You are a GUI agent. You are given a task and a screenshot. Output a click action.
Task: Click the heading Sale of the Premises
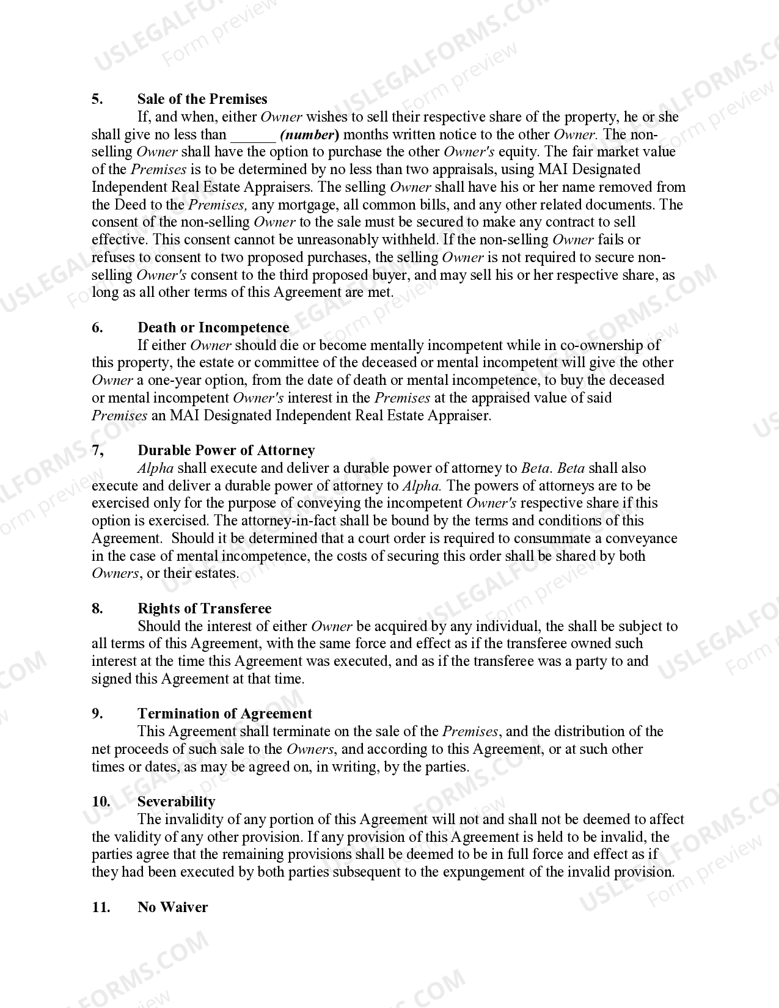(202, 99)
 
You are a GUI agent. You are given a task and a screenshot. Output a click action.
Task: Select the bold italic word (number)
(309, 134)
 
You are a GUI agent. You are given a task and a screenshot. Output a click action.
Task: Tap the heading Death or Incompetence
(213, 327)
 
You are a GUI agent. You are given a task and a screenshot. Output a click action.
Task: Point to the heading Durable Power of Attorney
(226, 450)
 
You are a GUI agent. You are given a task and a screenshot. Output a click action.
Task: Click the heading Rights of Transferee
(204, 608)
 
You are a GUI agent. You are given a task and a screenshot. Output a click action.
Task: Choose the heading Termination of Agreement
(224, 714)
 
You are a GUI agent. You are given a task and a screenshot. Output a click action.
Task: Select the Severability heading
(176, 802)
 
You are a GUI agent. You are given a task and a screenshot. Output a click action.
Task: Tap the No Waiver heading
(172, 907)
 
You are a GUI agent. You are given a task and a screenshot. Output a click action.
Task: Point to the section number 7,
(98, 450)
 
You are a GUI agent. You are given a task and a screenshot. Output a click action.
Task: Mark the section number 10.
(101, 802)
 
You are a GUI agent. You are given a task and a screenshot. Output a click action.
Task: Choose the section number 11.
(101, 907)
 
